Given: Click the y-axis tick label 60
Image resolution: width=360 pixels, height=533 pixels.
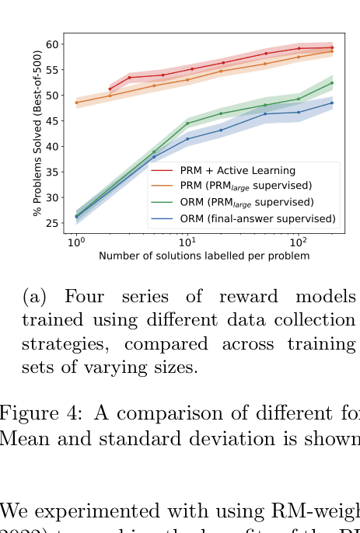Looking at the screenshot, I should [53, 44].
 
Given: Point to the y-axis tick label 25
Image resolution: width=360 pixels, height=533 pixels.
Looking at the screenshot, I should [53, 224].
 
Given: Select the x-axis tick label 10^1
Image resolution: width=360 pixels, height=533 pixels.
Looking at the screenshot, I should [187, 242].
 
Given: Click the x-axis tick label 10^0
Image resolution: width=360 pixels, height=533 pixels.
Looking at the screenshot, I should [76, 242].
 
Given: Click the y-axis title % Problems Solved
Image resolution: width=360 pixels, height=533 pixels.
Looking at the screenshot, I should [37, 133].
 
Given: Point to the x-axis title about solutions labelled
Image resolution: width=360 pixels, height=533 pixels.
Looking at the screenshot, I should [204, 256].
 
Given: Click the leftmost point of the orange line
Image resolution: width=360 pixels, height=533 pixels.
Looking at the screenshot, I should [76, 103].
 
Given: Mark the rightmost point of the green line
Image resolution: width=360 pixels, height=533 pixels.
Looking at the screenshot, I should [332, 82].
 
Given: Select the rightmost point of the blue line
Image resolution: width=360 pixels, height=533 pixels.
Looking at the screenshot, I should [332, 103].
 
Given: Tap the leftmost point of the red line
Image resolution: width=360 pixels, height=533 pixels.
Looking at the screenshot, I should [110, 89].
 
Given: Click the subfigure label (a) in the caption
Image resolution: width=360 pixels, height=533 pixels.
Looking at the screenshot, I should [35, 298].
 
